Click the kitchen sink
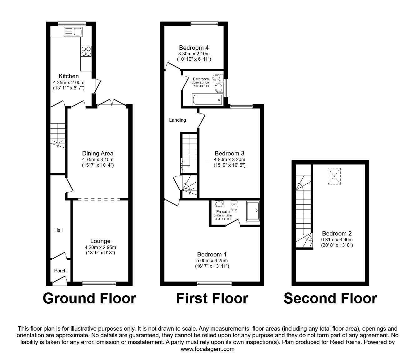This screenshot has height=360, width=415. (73, 32)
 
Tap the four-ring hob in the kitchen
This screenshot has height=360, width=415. (86, 51)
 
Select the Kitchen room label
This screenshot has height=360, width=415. (69, 76)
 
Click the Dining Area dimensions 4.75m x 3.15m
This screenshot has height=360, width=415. (98, 160)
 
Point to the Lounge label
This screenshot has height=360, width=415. (100, 241)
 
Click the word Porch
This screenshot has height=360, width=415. (60, 271)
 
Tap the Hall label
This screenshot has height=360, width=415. (58, 230)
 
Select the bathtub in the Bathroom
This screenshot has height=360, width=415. (207, 99)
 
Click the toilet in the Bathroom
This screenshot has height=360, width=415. (218, 77)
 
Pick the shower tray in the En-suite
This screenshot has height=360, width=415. (253, 211)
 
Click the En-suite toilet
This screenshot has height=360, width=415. (234, 205)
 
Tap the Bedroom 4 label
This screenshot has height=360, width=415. (194, 48)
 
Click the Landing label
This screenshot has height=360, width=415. (177, 120)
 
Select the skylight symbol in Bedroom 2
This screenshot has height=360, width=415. (334, 176)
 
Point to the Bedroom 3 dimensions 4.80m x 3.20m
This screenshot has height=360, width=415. (229, 160)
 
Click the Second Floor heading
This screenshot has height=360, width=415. (330, 298)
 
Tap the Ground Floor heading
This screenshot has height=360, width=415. (90, 298)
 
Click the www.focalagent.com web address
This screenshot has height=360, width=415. (207, 349)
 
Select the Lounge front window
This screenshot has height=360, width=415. (99, 284)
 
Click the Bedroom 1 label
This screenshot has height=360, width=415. (212, 255)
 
